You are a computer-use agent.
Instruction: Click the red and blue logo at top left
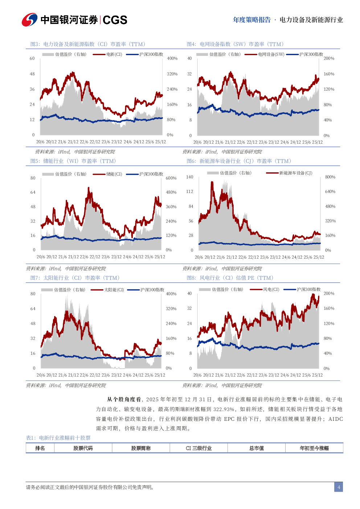(x=29, y=20)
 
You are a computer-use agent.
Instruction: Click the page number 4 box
(x=339, y=487)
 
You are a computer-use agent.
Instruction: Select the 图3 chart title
(x=87, y=44)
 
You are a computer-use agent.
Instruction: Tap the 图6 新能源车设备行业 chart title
(x=239, y=161)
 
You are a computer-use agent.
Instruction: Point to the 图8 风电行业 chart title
(x=230, y=278)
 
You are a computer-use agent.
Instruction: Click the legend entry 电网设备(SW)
(x=271, y=54)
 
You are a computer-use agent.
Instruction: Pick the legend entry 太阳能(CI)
(x=114, y=290)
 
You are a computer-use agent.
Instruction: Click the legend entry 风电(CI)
(x=271, y=290)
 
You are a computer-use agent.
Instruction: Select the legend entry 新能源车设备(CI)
(x=295, y=173)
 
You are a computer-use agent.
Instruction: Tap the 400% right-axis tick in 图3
(x=172, y=58)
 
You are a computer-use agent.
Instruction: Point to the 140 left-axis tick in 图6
(x=189, y=177)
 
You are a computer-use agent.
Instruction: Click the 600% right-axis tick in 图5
(x=171, y=178)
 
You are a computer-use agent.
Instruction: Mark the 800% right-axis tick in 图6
(x=330, y=177)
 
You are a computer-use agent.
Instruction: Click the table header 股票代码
(x=83, y=448)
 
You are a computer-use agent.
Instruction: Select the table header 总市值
(x=257, y=448)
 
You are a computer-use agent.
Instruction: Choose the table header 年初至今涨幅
(x=314, y=448)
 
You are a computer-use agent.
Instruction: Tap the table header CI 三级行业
(x=199, y=448)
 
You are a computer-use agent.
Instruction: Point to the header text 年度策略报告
(x=252, y=20)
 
